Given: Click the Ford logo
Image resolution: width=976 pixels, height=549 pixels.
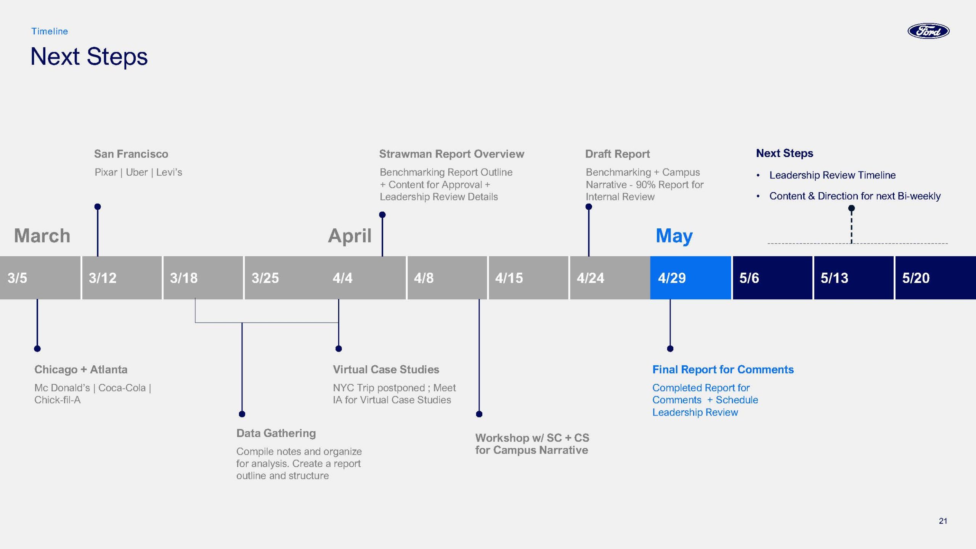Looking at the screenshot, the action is (928, 31).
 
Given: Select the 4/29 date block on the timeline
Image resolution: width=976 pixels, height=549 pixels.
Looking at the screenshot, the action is (690, 278).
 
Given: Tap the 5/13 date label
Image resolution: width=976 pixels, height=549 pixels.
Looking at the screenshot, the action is (834, 278).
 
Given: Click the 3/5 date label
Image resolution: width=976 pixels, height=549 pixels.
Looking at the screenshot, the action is (17, 278).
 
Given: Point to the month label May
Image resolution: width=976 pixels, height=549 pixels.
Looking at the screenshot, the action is (674, 236).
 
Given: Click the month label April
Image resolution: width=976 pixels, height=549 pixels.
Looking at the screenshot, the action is (350, 236).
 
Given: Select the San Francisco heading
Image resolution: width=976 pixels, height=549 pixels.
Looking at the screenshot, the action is (131, 154).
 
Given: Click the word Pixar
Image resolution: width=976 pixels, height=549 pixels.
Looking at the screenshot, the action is (106, 172).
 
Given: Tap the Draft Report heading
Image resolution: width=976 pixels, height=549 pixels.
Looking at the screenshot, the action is (617, 154).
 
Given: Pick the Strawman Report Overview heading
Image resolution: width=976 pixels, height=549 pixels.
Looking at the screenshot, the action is (451, 154).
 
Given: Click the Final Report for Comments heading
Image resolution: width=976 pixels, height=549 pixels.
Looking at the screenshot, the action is (723, 369).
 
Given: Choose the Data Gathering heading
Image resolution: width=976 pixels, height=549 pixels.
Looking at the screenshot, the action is (276, 433).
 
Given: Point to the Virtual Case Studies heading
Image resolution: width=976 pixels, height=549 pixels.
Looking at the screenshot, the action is (386, 369).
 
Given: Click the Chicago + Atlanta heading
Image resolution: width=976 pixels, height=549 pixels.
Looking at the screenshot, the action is (81, 369).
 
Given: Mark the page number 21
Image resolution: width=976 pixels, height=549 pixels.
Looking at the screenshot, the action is (943, 521).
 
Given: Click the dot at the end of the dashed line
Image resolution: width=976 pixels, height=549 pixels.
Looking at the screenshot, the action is (851, 208).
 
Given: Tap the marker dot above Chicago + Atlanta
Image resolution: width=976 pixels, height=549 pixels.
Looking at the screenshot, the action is (37, 348).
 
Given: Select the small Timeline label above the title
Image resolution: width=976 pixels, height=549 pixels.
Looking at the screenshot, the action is (50, 31).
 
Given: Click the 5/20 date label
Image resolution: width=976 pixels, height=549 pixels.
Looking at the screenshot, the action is (916, 278).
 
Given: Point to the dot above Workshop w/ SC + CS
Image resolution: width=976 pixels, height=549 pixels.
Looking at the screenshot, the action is (479, 414).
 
